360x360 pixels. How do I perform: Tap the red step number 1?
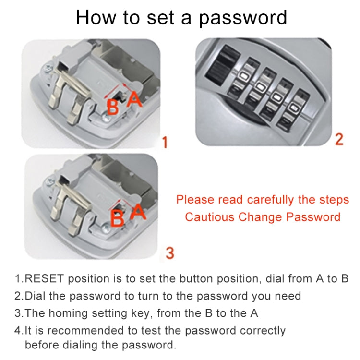click(x=165, y=143)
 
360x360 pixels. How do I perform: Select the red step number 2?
click(x=339, y=139)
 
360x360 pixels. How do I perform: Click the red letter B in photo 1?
click(x=112, y=107)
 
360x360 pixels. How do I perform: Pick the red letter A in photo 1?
click(x=135, y=99)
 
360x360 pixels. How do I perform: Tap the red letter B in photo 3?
click(x=117, y=218)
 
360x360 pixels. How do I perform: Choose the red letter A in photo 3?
click(x=138, y=211)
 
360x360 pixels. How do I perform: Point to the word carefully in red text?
click(x=269, y=200)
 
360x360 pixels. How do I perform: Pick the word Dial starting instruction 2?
click(x=35, y=296)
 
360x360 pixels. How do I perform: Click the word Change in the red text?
click(x=261, y=217)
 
